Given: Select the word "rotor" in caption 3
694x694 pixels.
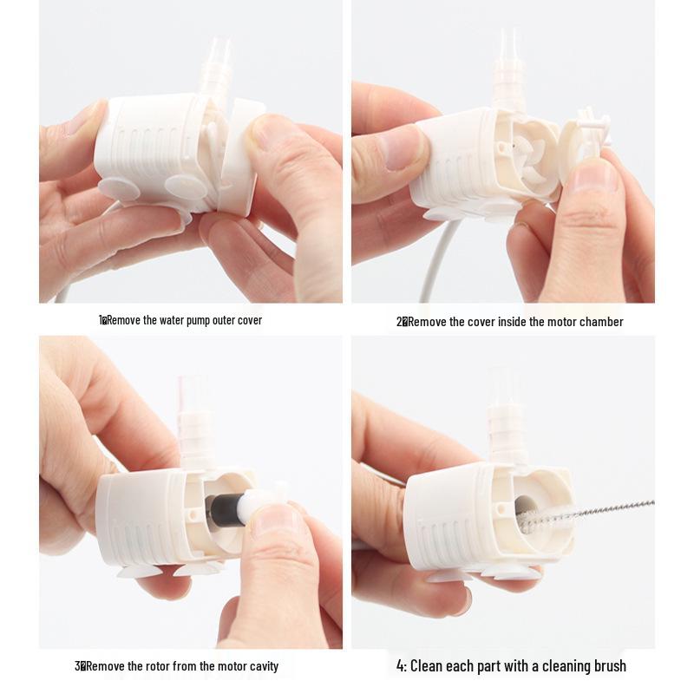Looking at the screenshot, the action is pyautogui.click(x=158, y=666).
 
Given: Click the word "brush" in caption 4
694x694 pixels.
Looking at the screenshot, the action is pyautogui.click(x=610, y=665).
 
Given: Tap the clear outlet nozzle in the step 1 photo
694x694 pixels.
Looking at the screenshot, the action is pyautogui.click(x=216, y=67).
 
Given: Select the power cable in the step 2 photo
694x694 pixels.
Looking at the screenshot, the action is pyautogui.click(x=436, y=261).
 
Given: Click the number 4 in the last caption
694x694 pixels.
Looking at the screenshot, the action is pyautogui.click(x=400, y=665).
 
